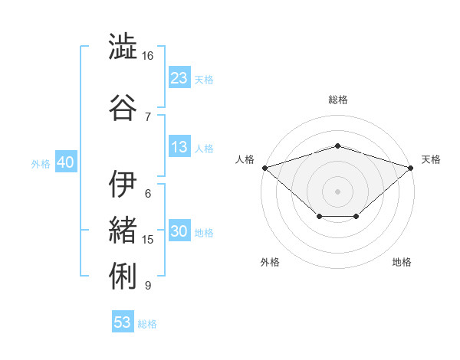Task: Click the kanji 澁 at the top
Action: point(123,46)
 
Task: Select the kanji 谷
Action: point(123,107)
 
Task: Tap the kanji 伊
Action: point(123,184)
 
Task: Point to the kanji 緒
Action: point(123,230)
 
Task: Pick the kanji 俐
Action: point(123,276)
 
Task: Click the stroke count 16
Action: point(147,56)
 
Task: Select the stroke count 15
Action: point(147,240)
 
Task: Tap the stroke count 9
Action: point(148,285)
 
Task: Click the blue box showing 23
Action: point(179,77)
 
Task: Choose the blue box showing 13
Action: point(179,146)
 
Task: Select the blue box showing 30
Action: point(179,230)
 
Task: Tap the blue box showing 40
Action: point(66,161)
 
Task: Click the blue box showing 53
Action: point(123,321)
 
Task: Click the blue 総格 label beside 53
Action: point(147,324)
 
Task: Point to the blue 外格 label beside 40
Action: point(41,164)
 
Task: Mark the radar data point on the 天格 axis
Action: point(410,168)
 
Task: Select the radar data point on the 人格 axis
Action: point(265,168)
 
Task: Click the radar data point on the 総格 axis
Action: point(337,146)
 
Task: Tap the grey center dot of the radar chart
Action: point(337,191)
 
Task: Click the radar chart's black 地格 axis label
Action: point(402,262)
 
